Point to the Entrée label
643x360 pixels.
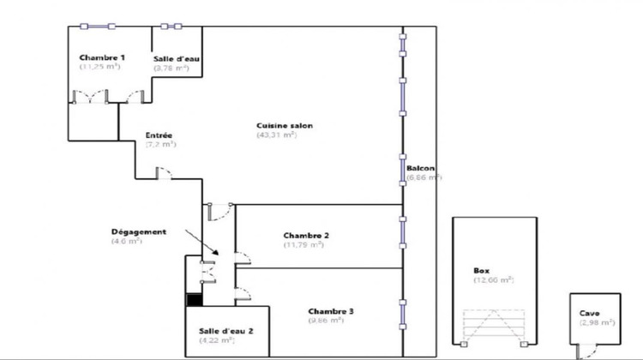click(159, 135)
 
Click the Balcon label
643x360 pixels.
click(420, 167)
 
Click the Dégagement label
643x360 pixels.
click(138, 232)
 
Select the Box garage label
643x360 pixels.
click(480, 271)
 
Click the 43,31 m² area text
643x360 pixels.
click(276, 135)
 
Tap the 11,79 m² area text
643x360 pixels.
click(303, 244)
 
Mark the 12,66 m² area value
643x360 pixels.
click(493, 280)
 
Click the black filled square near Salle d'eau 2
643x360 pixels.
click(195, 300)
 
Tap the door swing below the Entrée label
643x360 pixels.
click(163, 174)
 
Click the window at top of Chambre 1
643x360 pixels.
click(94, 26)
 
